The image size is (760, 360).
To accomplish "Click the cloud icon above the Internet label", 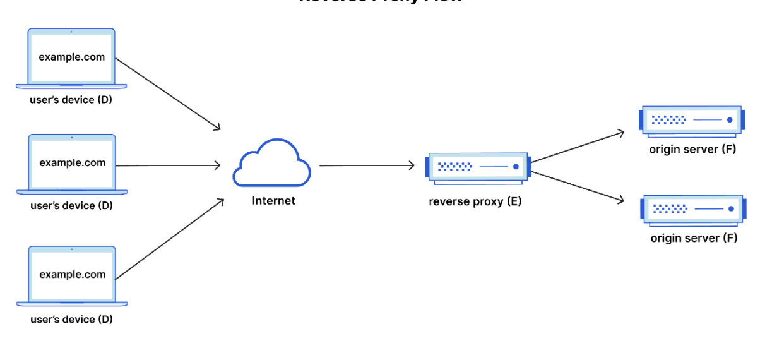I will tap(271, 164).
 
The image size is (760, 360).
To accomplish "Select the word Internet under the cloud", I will tap(273, 201).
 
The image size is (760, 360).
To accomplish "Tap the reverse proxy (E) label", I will tap(475, 202).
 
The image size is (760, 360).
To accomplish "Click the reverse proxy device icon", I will tap(477, 167).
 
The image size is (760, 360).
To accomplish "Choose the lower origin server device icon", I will tap(691, 208).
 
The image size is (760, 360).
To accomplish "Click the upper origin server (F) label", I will tap(692, 150).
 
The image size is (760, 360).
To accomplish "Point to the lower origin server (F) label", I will tap(694, 238).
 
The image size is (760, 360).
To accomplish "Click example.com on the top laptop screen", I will tap(72, 57).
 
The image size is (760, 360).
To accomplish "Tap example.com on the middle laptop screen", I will tap(73, 162).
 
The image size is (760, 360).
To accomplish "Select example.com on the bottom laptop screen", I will tap(73, 275).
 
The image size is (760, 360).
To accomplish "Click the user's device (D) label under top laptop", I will tap(71, 100).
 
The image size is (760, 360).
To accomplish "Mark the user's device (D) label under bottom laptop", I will tap(71, 320).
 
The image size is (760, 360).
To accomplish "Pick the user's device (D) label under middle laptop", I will tap(71, 205).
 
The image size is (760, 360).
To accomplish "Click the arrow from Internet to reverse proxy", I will tap(367, 165).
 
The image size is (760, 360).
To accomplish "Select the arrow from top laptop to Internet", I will tap(168, 93).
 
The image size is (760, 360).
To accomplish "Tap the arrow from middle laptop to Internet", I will tap(169, 165).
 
